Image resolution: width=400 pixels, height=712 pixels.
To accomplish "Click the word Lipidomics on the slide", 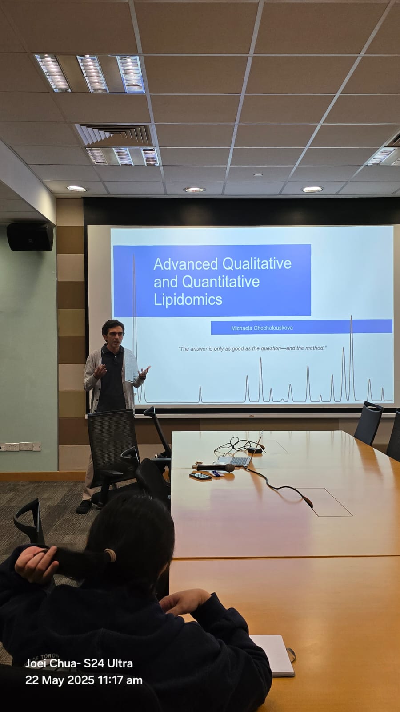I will pos(188,299).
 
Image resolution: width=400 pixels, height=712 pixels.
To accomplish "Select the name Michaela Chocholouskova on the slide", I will pos(262,328).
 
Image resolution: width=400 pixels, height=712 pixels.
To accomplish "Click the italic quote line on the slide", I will pos(252,348).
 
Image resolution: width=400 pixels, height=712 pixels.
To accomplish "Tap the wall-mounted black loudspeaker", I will pos(30,236).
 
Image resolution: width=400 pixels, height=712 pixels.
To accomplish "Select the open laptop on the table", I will pos(240,456).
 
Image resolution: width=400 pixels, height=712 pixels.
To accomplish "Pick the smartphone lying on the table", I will pos(200,476).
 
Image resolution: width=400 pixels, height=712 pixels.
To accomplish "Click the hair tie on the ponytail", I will pos(110,555).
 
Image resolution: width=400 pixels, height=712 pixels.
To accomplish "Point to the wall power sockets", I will pos(20,446).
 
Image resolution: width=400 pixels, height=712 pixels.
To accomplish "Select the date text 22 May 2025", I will pos(60,680).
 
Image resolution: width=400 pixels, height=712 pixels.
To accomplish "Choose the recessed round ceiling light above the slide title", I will pos(194,190).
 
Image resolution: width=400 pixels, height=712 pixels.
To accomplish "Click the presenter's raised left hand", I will pos(144,372).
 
